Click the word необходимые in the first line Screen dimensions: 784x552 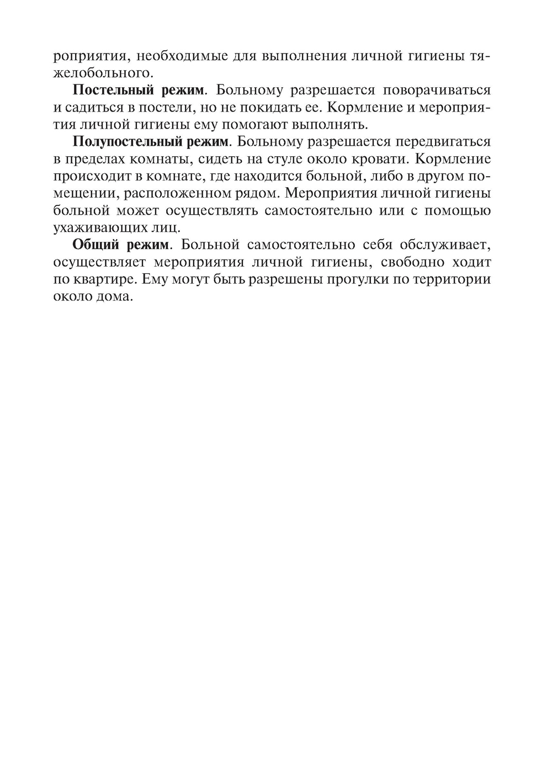pos(196,56)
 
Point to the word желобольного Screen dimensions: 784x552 pos(102,72)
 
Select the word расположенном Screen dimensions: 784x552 pos(196,193)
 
